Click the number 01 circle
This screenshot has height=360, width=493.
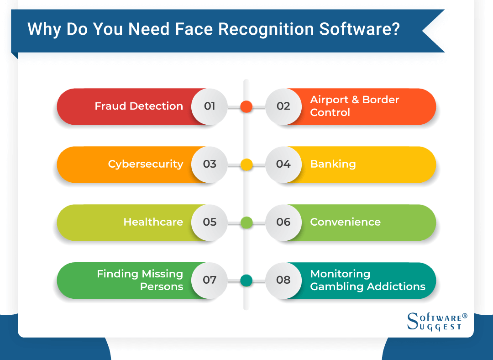210,106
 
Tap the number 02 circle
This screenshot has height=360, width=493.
283,106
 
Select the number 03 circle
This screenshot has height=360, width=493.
210,164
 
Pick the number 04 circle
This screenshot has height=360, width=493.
283,164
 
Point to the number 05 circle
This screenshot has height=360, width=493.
210,222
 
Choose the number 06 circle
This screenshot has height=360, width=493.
283,222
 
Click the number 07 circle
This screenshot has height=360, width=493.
210,281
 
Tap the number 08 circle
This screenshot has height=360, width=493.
283,281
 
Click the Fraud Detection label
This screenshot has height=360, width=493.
139,106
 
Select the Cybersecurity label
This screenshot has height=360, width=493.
146,164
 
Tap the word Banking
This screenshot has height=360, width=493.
333,164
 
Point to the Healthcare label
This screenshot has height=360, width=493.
153,222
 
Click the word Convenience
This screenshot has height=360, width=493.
345,222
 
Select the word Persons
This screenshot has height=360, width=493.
162,287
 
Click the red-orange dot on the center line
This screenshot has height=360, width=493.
246,106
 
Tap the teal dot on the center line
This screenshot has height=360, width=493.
246,281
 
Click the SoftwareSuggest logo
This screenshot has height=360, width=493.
437,322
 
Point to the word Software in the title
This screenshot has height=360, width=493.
359,29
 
